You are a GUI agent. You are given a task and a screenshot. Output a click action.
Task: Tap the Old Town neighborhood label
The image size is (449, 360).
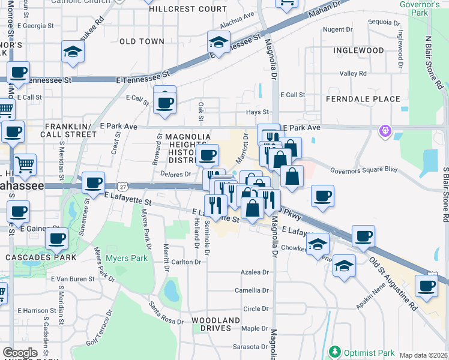pyautogui.click(x=142, y=41)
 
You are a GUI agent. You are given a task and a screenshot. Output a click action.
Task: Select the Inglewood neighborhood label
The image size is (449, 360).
pyautogui.click(x=359, y=50)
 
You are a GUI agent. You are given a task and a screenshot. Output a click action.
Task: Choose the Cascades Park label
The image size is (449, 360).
pyautogui.click(x=41, y=257)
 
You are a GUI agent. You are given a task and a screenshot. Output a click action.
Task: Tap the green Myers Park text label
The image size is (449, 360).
pyautogui.click(x=127, y=259)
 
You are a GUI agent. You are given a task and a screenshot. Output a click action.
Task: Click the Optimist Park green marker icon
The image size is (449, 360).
pyautogui.click(x=334, y=352)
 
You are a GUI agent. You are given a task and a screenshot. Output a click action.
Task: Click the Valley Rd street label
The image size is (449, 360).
pyautogui.click(x=353, y=74)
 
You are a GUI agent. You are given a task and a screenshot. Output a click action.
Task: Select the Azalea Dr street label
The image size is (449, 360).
pyautogui.click(x=255, y=272)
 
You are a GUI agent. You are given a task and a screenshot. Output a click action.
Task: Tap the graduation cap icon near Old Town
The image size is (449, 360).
pyautogui.click(x=73, y=52)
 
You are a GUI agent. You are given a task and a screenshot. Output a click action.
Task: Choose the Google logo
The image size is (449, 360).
pyautogui.click(x=20, y=352)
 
